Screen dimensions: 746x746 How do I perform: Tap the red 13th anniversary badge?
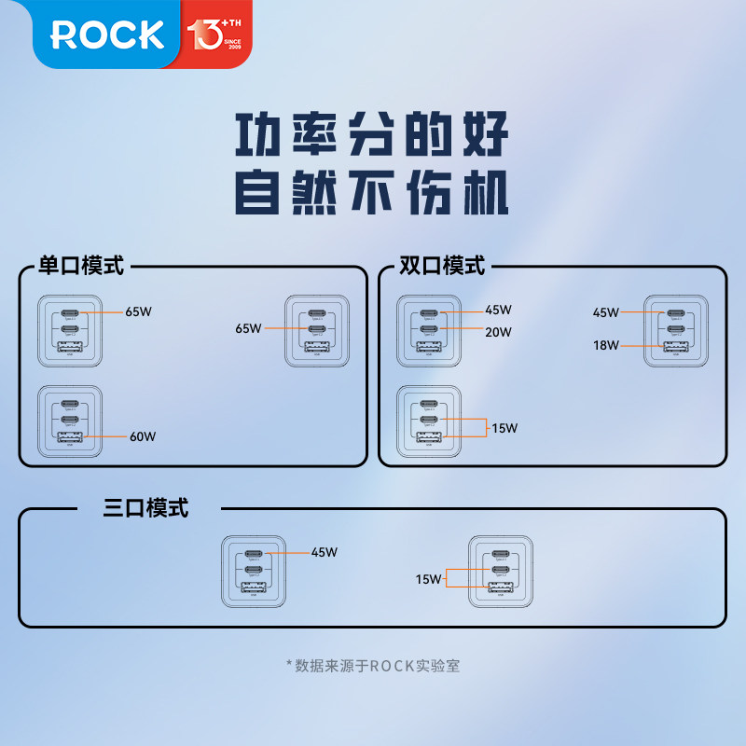[x=214, y=35]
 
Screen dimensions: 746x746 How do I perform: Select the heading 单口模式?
[x=81, y=266]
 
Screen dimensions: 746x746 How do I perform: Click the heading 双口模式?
[x=442, y=266]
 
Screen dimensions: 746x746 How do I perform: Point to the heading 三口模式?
[x=145, y=508]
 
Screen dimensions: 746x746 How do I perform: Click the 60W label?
[x=143, y=436]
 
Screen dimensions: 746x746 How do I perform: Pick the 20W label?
[x=498, y=330]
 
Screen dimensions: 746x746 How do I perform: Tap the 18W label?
[x=606, y=346]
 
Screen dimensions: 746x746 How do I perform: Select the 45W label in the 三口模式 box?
[x=325, y=552]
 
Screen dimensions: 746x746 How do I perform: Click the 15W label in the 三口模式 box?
[x=429, y=579]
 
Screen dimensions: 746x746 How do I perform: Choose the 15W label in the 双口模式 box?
[x=504, y=428]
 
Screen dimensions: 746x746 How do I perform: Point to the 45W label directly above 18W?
[x=606, y=313]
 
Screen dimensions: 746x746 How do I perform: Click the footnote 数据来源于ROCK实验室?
[x=373, y=666]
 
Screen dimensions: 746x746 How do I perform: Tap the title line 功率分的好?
[x=371, y=136]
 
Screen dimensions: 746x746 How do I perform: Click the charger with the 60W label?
[x=70, y=421]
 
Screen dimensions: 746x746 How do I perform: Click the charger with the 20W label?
[x=429, y=330]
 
